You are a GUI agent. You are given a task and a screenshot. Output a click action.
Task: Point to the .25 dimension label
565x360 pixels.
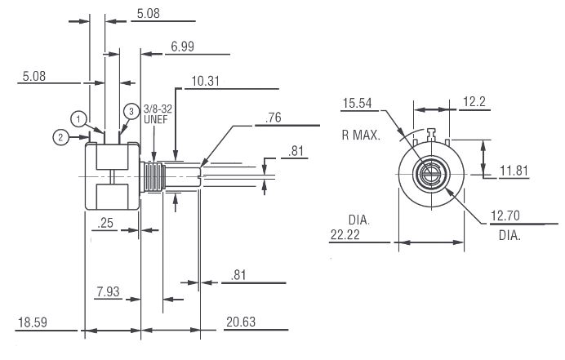[105, 223]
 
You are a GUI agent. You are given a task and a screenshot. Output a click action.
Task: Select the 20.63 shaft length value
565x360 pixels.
[239, 322]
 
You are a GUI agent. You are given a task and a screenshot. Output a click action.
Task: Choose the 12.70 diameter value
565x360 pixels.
[505, 216]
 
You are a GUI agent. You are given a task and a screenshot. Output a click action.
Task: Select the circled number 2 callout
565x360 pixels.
[61, 137]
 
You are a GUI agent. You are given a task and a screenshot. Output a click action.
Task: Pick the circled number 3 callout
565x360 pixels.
[131, 110]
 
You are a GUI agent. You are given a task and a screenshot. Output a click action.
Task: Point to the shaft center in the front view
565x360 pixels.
[430, 172]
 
